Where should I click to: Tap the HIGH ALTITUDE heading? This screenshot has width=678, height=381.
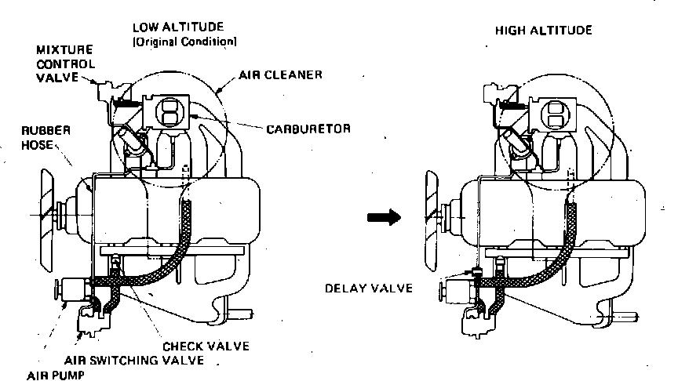click(543, 31)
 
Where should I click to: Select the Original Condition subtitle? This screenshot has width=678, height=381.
click(184, 40)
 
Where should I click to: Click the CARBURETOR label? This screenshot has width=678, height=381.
click(301, 127)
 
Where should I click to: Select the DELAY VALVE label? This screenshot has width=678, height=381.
click(369, 288)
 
